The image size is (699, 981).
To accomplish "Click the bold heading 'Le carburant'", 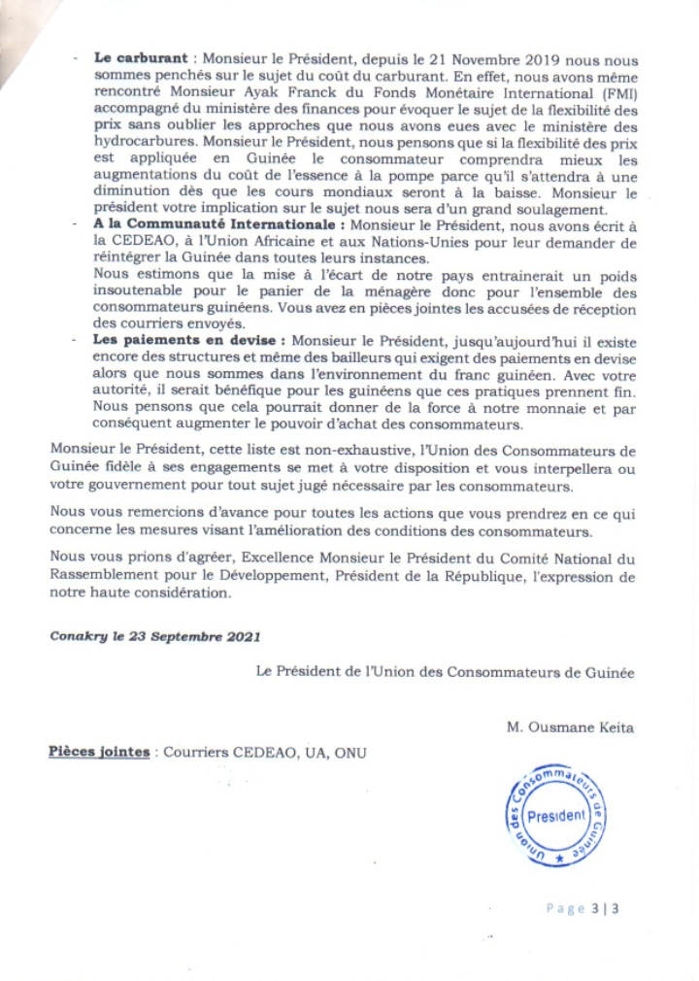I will (x=132, y=58).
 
